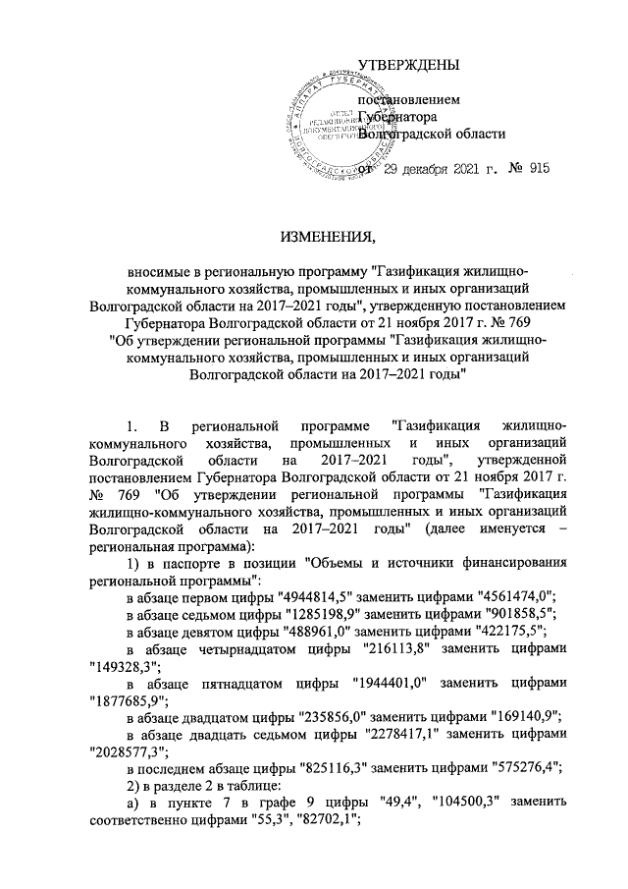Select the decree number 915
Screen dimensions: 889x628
[537, 170]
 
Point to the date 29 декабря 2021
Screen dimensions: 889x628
[427, 170]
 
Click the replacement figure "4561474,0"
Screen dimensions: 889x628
[509, 596]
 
